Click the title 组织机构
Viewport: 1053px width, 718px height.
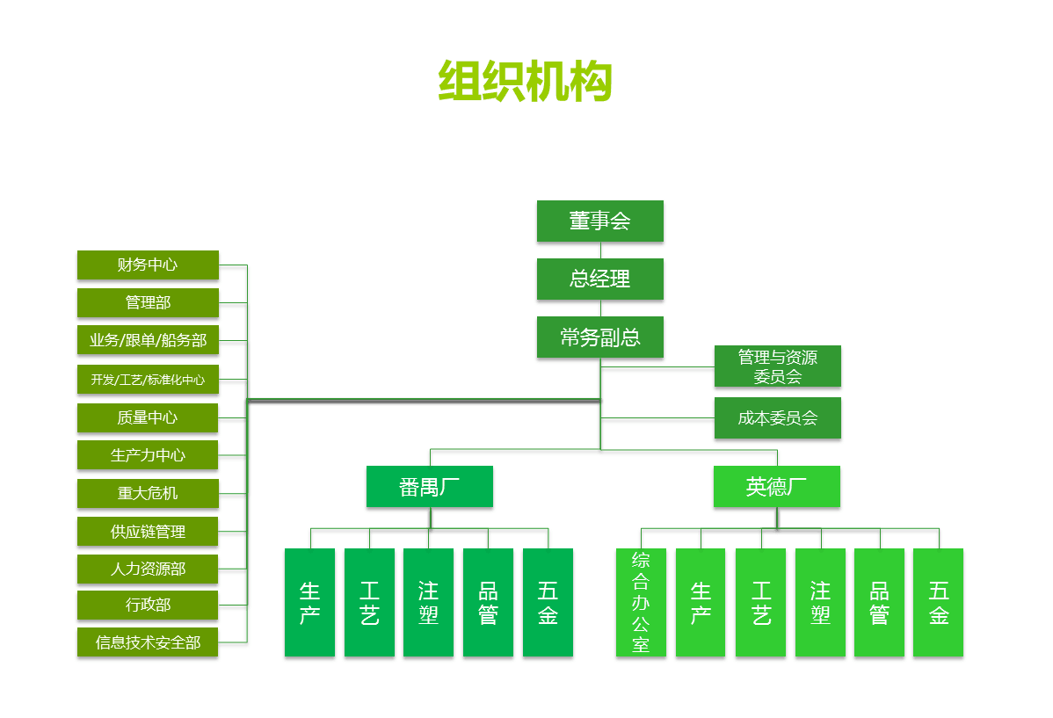tap(526, 83)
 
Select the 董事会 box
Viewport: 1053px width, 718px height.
tap(600, 221)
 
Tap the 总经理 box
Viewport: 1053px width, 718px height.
tap(600, 279)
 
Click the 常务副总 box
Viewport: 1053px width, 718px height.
tap(600, 337)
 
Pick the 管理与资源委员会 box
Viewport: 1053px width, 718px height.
tap(778, 366)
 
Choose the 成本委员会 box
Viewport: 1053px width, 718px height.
tap(778, 418)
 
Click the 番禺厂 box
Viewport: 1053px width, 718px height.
tap(430, 487)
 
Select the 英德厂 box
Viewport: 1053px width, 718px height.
tap(777, 487)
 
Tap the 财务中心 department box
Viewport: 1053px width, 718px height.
tap(148, 265)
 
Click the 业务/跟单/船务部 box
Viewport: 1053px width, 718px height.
tap(148, 340)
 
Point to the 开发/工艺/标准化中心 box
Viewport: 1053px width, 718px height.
tap(148, 380)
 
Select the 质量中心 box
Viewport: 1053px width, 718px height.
tap(148, 417)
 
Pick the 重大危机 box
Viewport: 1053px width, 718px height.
tap(148, 493)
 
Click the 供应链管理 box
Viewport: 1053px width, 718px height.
tap(148, 532)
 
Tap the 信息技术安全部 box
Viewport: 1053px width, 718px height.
tap(148, 642)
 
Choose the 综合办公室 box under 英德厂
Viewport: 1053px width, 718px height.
tap(641, 603)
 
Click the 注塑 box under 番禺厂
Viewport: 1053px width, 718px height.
tap(429, 603)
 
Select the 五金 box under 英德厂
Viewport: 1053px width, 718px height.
tap(939, 603)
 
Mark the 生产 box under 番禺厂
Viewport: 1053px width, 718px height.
tap(309, 603)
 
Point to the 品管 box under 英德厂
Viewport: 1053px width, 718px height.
tap(879, 603)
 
